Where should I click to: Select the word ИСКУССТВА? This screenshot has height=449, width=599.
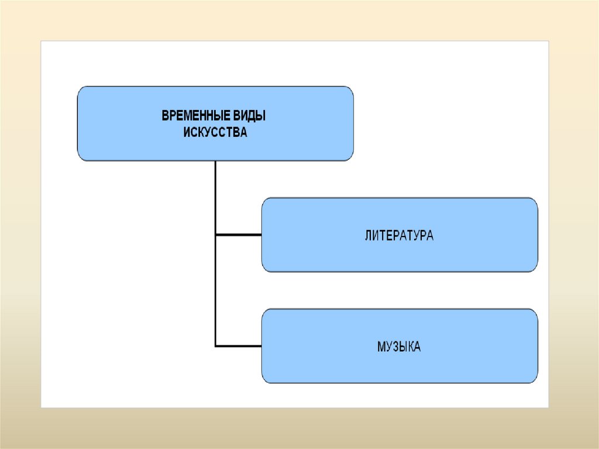(215, 133)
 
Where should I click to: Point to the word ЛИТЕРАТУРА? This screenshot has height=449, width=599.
(399, 236)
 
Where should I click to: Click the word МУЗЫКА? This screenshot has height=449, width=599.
(399, 347)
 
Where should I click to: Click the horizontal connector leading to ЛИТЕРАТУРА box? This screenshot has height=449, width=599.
(239, 235)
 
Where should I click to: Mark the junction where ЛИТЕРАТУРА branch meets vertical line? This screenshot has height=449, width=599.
(216, 235)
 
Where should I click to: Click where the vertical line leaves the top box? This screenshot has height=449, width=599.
(216, 162)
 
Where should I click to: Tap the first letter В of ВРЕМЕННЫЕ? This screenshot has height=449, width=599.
(165, 116)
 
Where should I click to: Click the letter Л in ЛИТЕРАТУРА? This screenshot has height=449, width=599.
(368, 236)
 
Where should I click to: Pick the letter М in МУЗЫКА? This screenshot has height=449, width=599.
(381, 347)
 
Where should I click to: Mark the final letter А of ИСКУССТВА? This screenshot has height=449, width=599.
(244, 133)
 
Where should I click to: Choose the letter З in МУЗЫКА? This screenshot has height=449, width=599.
(395, 347)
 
